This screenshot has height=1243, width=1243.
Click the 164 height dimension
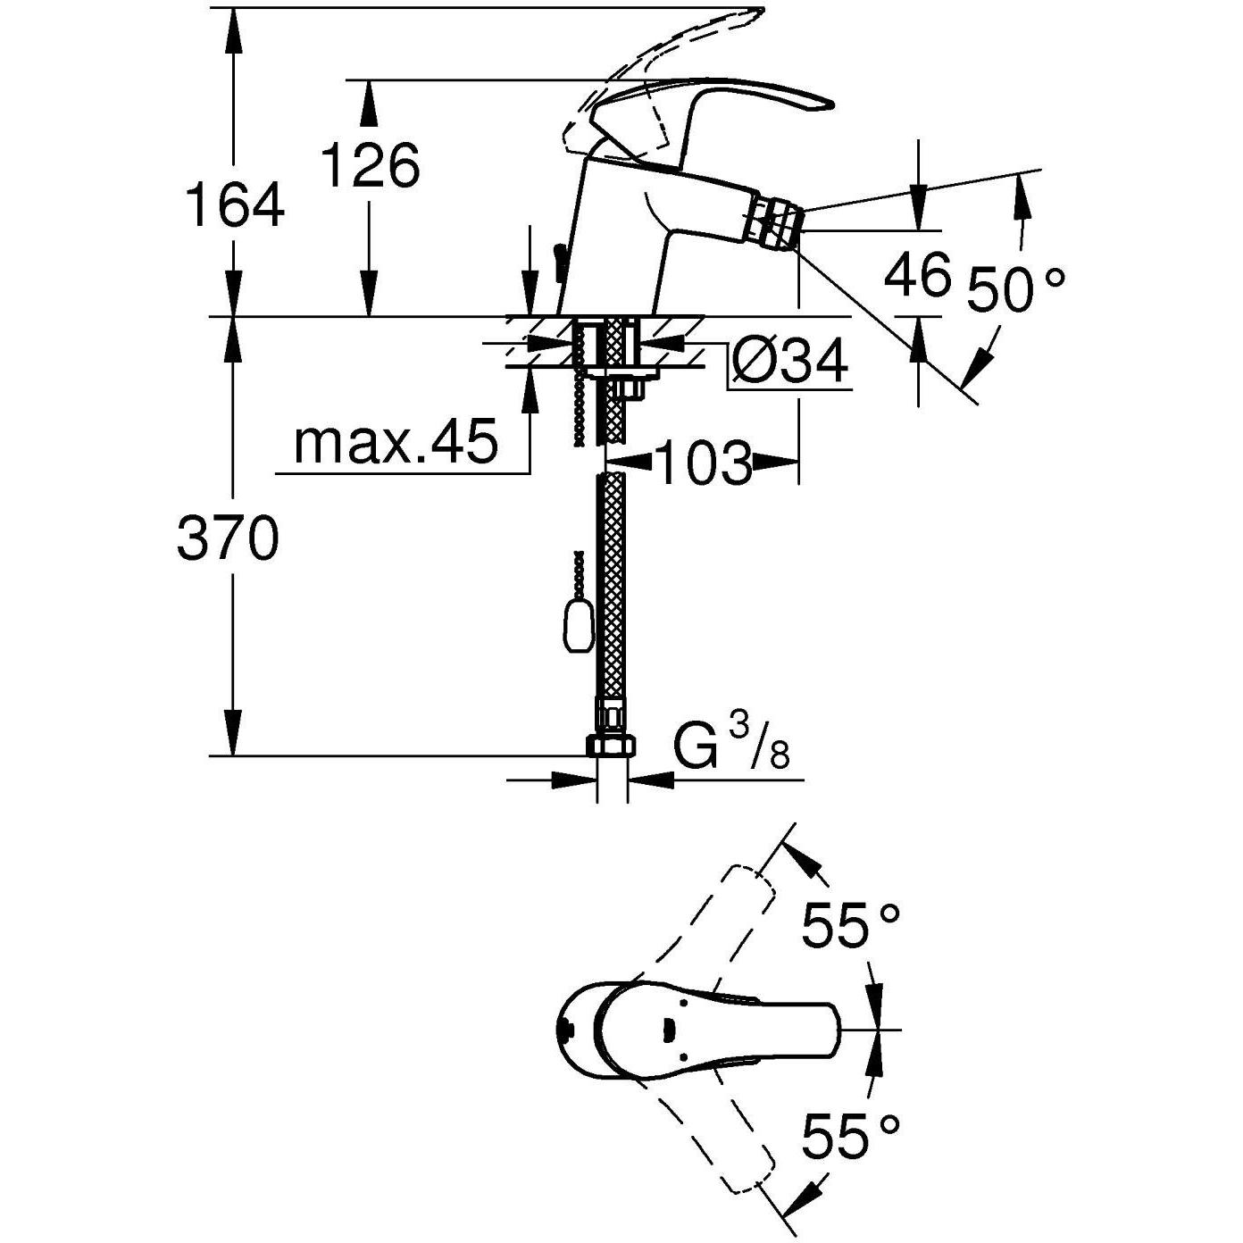pos(234,205)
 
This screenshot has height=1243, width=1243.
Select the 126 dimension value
pos(370,165)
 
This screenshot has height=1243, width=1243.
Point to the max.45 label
pos(395,442)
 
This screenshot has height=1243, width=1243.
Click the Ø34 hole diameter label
pos(789,363)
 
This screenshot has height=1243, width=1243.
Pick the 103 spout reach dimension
pos(703,463)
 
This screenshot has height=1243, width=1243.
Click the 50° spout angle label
pos(1015,290)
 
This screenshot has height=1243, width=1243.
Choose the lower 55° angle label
pos(849,1137)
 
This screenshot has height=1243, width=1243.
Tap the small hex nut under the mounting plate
pos(630,388)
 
